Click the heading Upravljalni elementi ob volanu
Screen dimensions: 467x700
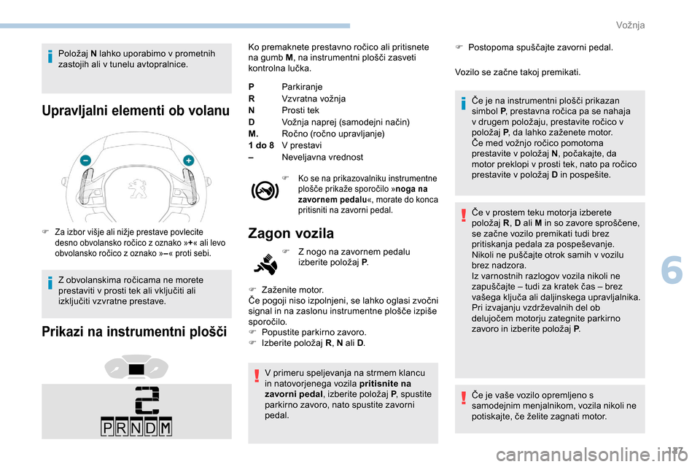(136, 111)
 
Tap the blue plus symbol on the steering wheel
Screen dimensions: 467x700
(188, 159)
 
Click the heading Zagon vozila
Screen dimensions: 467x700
(291, 233)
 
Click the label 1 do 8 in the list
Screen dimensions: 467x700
(261, 145)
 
